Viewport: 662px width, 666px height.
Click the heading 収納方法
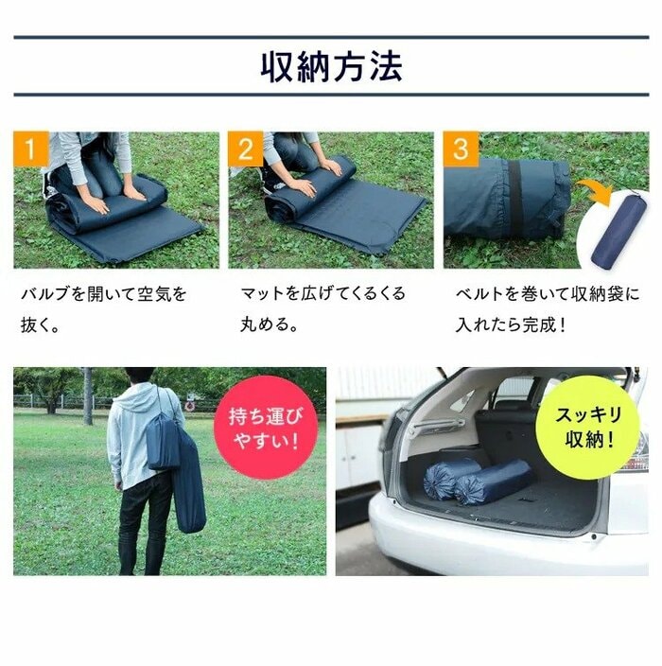331,66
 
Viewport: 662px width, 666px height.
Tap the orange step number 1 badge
31,149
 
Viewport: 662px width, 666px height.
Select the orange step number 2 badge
246,149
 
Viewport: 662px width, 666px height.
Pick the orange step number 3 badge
461,149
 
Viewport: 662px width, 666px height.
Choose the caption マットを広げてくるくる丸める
322,309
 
